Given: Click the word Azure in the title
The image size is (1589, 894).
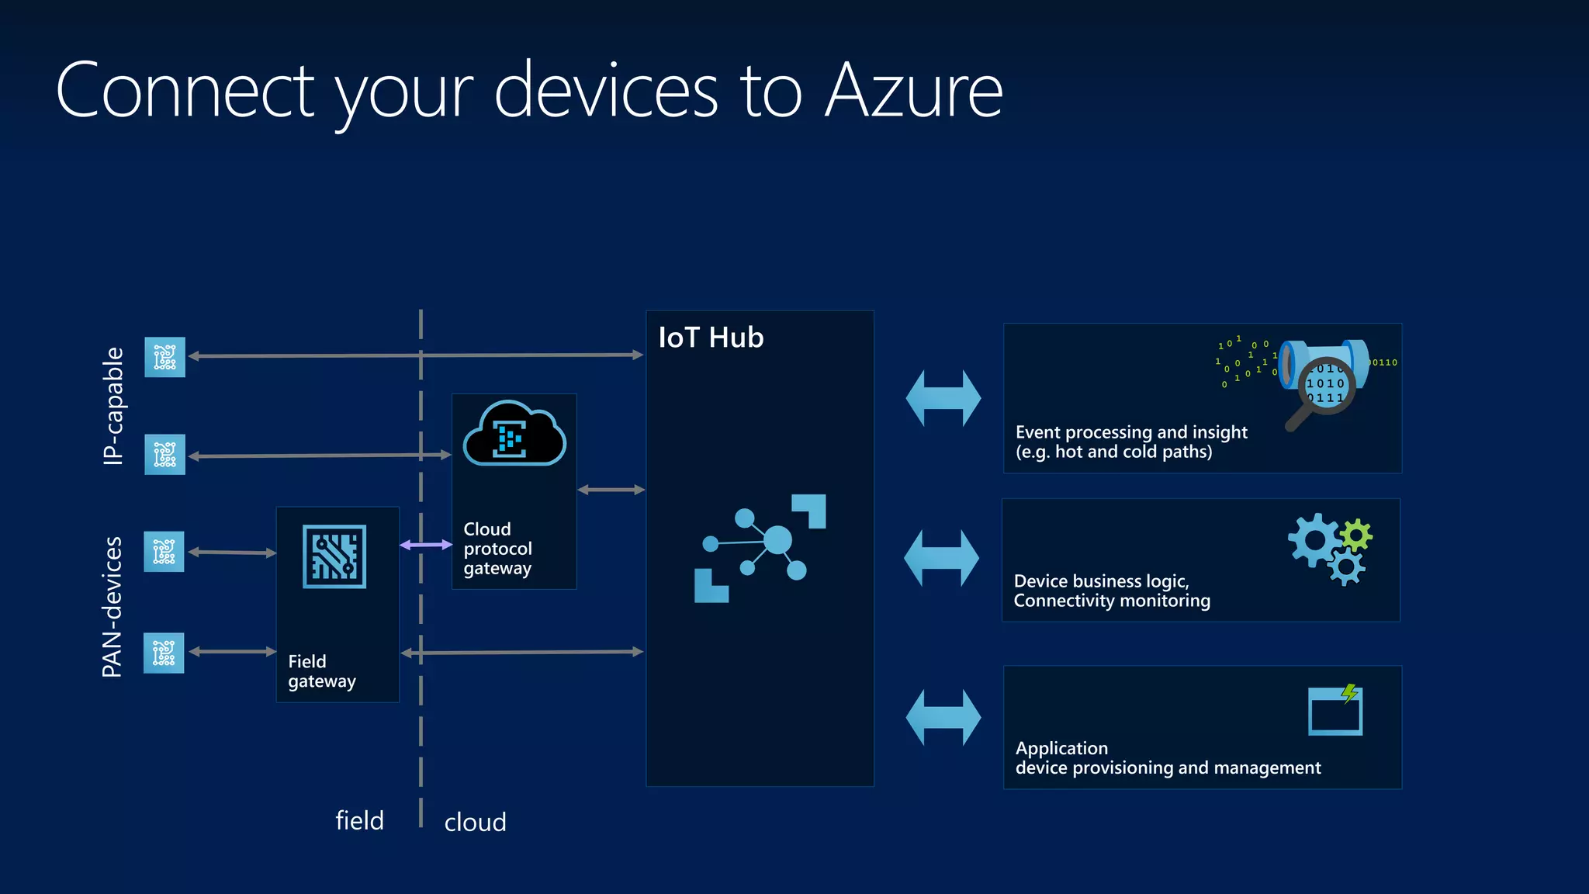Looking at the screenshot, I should pos(913,92).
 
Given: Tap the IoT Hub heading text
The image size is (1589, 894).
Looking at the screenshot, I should pos(711,338).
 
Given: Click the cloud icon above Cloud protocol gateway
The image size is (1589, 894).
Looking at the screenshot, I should pos(514,435).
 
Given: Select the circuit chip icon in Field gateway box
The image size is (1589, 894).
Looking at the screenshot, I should pos(334,556).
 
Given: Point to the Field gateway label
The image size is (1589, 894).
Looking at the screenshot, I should pos(321,671).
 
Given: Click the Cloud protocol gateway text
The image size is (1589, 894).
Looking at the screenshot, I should pos(497,549).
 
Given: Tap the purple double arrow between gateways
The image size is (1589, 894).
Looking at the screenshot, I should pos(425,545).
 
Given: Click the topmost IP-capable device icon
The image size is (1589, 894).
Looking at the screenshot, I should pos(164,357).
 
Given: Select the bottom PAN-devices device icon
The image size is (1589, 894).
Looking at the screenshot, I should pos(164,653).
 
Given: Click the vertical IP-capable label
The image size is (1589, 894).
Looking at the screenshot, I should pos(113,406).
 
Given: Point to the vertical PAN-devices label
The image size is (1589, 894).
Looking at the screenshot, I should pos(113,606).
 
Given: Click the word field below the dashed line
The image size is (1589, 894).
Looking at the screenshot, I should pos(359,820).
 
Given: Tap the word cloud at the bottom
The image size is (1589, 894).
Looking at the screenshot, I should pos(475,822).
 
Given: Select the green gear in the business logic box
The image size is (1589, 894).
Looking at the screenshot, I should pos(1355,535).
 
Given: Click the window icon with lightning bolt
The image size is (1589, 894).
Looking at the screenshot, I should pos(1335,710).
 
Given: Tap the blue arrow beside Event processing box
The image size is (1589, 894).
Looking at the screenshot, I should pos(943,398).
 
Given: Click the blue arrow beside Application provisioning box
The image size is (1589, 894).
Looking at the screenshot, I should pos(943,718).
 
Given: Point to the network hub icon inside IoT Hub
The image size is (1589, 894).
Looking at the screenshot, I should pos(760,548).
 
